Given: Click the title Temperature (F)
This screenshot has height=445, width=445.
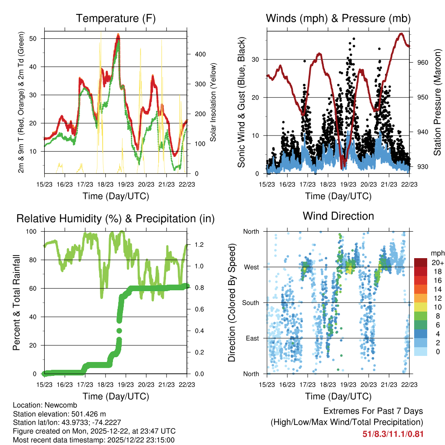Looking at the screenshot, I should click(x=116, y=18).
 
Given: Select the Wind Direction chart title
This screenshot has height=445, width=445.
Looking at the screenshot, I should click(x=338, y=216).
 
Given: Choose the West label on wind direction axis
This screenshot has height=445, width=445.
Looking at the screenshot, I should click(x=251, y=267).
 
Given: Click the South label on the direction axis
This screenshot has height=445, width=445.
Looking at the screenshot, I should click(x=250, y=302).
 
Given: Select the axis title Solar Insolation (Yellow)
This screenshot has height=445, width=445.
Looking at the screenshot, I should click(x=213, y=102).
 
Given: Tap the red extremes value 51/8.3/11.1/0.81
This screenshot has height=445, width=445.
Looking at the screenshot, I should click(x=392, y=434).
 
